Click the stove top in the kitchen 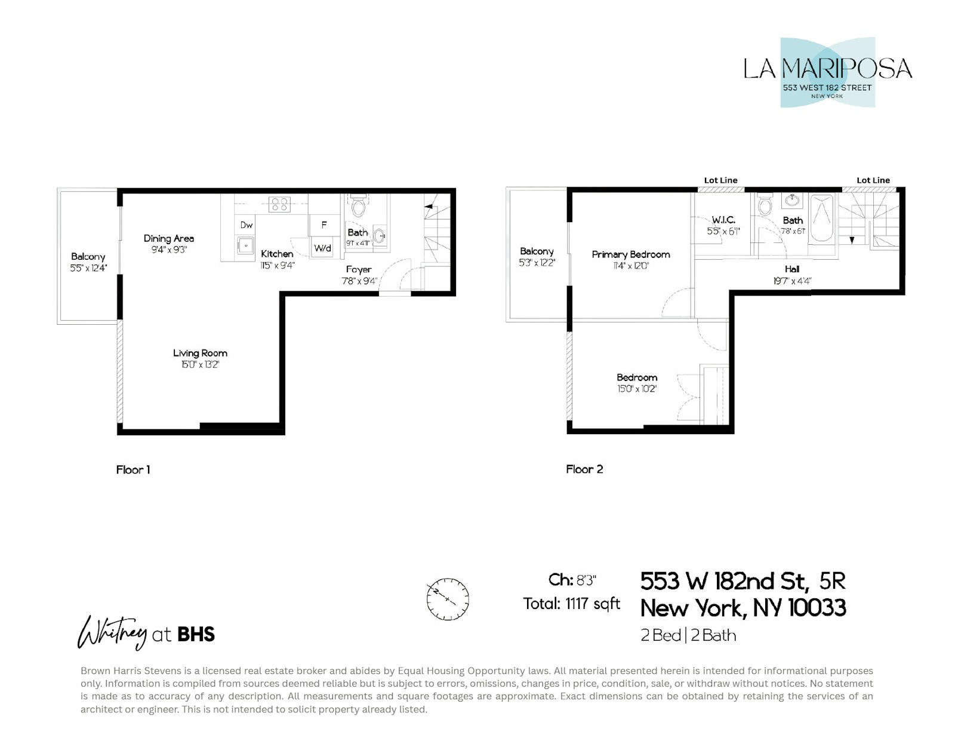click(279, 204)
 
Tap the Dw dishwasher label click(247, 225)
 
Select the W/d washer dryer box click(322, 248)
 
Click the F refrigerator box click(324, 225)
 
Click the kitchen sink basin click(245, 245)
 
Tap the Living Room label click(200, 353)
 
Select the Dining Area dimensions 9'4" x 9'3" click(169, 250)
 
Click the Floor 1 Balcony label click(88, 257)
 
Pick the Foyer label click(359, 270)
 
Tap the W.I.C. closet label click(723, 220)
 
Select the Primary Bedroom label click(631, 254)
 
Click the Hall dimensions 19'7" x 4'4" click(792, 281)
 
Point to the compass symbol click(448, 599)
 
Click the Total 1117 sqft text click(571, 604)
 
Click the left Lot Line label click(720, 180)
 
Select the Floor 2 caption click(584, 469)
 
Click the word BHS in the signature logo click(196, 634)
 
